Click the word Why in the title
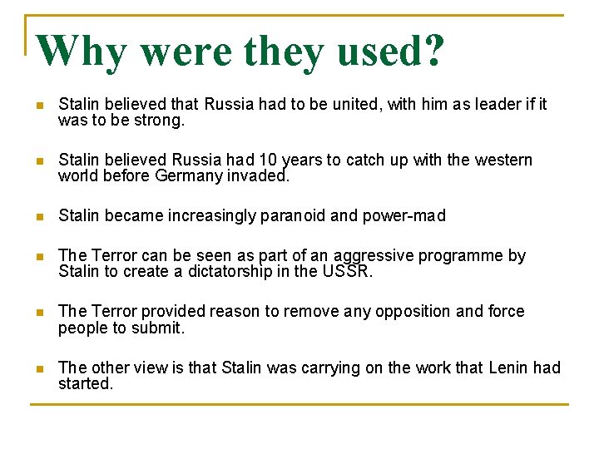(82, 52)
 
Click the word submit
(161, 328)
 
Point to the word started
(85, 383)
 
